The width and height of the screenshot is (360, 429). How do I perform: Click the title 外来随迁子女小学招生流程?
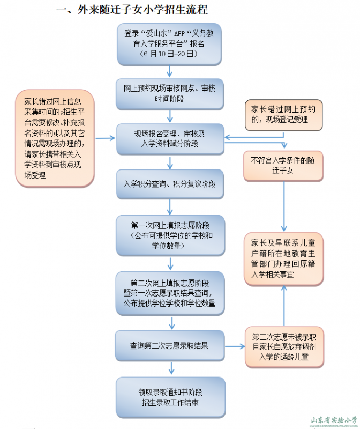tap(132, 10)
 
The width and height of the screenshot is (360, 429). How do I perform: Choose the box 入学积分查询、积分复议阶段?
tap(170, 184)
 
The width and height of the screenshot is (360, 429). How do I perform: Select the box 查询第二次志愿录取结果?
tap(170, 346)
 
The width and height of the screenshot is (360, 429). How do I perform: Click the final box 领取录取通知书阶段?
tap(170, 397)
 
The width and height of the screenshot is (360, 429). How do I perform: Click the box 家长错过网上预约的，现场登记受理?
tap(283, 114)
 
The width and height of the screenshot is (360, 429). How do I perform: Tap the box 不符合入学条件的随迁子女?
tap(283, 165)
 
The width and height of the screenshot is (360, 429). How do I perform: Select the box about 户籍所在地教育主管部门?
tap(283, 259)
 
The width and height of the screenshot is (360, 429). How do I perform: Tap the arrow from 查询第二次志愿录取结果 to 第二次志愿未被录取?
tap(234, 346)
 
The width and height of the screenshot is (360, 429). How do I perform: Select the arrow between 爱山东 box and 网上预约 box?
tap(170, 71)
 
